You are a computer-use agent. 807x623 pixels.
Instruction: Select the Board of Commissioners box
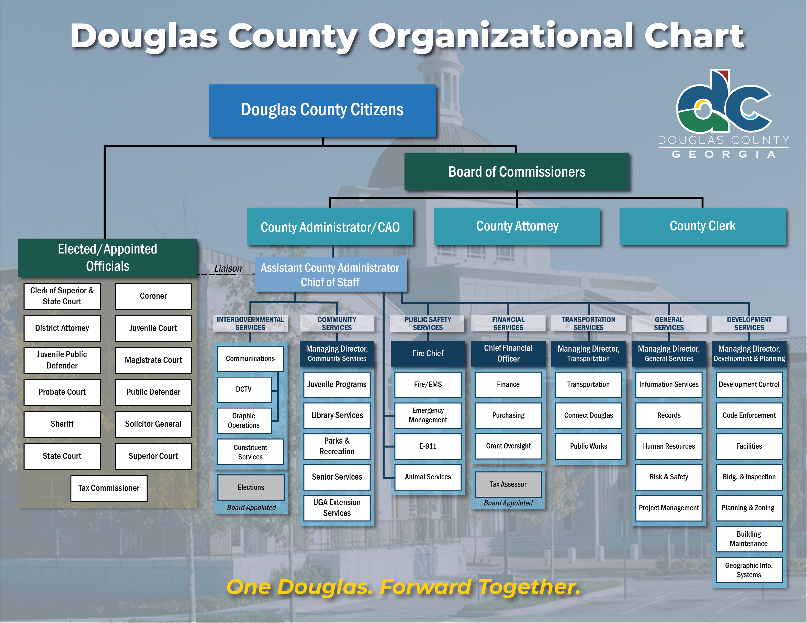pyautogui.click(x=517, y=172)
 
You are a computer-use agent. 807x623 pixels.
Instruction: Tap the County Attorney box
pyautogui.click(x=517, y=226)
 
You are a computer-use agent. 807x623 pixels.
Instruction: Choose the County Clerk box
pyautogui.click(x=702, y=226)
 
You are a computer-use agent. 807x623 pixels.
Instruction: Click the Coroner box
pyautogui.click(x=153, y=296)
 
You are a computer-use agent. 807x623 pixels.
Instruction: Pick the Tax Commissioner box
pyautogui.click(x=109, y=488)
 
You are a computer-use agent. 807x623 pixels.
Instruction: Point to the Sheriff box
pyautogui.click(x=62, y=424)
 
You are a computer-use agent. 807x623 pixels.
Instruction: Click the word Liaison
pyautogui.click(x=228, y=269)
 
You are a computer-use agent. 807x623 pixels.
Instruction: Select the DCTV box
pyautogui.click(x=244, y=389)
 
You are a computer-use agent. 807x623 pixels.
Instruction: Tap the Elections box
pyautogui.click(x=251, y=488)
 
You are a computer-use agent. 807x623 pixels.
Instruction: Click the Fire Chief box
pyautogui.click(x=428, y=353)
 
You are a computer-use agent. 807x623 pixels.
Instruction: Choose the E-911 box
pyautogui.click(x=428, y=446)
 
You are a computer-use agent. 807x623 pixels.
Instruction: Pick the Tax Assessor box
pyautogui.click(x=508, y=484)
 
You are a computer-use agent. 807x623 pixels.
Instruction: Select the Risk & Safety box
pyautogui.click(x=669, y=477)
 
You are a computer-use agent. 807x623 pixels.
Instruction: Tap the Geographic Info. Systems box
pyautogui.click(x=749, y=570)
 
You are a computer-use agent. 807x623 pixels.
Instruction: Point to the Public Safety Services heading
pyautogui.click(x=428, y=324)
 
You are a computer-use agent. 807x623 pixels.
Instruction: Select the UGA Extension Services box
pyautogui.click(x=337, y=508)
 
